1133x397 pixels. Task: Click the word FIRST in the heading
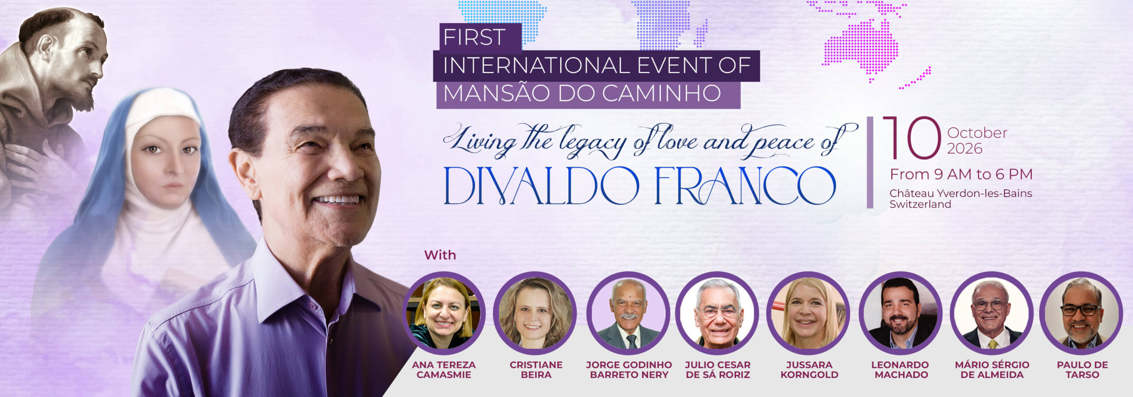474,37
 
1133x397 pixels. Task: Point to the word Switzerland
920,204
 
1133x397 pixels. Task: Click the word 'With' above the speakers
440,255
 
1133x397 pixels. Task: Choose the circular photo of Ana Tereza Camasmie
444,313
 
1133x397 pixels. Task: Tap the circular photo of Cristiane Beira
535,313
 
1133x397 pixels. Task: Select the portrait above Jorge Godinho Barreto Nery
628,313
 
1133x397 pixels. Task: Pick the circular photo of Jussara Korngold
808,313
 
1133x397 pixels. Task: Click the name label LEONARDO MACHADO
900,370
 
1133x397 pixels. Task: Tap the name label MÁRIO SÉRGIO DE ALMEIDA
992,370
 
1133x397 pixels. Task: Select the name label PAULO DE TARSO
1082,370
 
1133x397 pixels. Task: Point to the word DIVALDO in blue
541,186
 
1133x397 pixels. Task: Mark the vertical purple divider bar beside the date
870,162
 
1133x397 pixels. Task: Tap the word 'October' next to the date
977,133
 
